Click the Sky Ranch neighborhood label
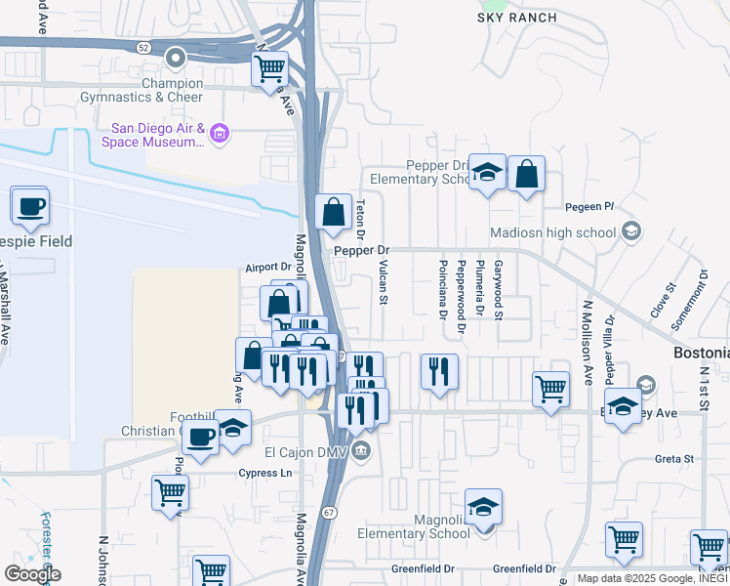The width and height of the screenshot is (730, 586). (x=517, y=18)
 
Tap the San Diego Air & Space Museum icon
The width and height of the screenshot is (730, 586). (x=220, y=134)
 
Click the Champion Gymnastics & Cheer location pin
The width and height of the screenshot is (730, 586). (x=176, y=60)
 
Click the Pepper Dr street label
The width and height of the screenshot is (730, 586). (x=361, y=251)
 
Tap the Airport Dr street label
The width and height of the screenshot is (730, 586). (x=268, y=267)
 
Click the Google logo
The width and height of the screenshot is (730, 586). (x=32, y=574)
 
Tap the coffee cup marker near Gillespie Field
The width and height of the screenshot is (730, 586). (x=29, y=206)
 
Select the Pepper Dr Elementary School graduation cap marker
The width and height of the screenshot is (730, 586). (x=486, y=173)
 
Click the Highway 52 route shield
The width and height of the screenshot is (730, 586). (x=143, y=46)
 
